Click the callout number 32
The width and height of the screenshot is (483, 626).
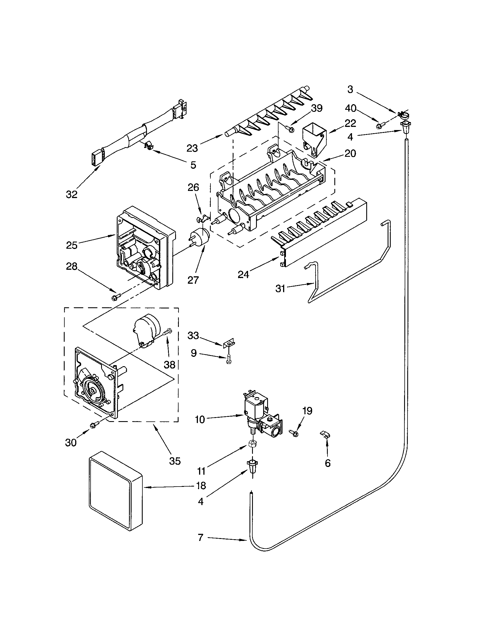click(71, 194)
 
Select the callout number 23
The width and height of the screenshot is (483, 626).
click(192, 148)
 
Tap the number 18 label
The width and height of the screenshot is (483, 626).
click(201, 485)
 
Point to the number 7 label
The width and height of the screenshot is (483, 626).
click(200, 537)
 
